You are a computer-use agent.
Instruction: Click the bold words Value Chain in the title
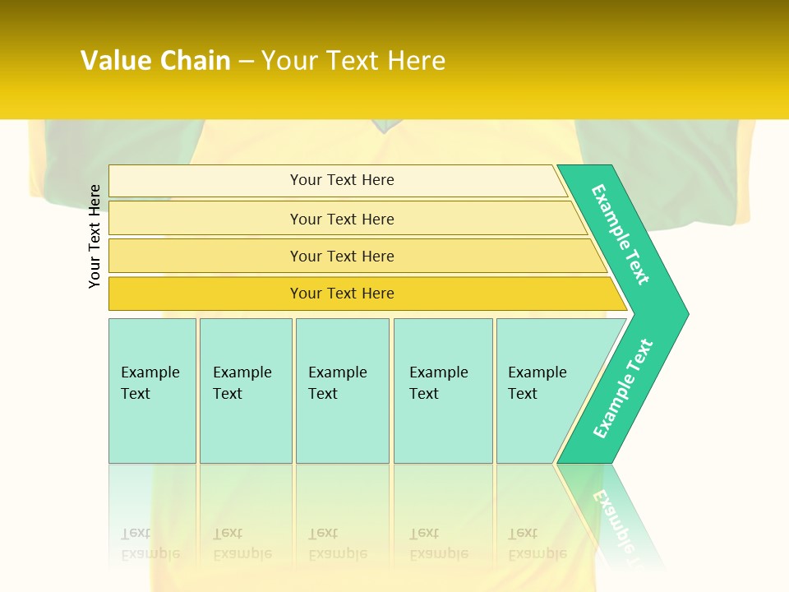155,61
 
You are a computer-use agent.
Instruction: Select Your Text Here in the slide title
353,61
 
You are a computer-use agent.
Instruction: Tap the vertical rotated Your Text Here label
95,236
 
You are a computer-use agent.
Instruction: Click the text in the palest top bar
342,180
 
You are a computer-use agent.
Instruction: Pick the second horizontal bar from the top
342,219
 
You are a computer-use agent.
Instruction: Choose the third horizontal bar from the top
342,256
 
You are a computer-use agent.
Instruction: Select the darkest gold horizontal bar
342,294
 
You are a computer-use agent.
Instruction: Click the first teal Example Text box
152,390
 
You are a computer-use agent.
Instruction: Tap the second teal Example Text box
245,390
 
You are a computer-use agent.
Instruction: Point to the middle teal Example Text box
342,390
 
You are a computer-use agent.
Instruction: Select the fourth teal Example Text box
442,390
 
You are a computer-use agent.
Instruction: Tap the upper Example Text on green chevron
621,234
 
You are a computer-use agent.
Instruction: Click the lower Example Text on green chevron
622,389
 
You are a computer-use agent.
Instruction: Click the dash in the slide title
246,62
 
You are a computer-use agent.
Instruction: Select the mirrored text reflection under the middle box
338,543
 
